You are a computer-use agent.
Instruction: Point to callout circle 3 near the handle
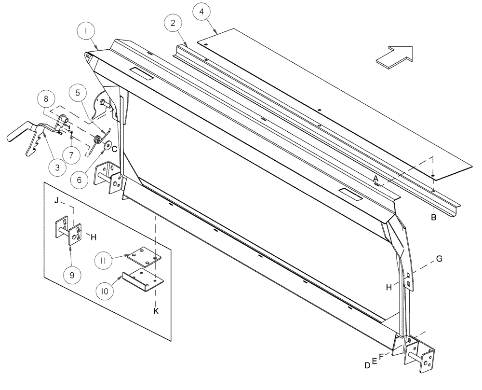(57, 167)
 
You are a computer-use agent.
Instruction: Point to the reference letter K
(156, 311)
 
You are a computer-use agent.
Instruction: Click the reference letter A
(375, 178)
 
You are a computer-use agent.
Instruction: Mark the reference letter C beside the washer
(114, 150)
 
